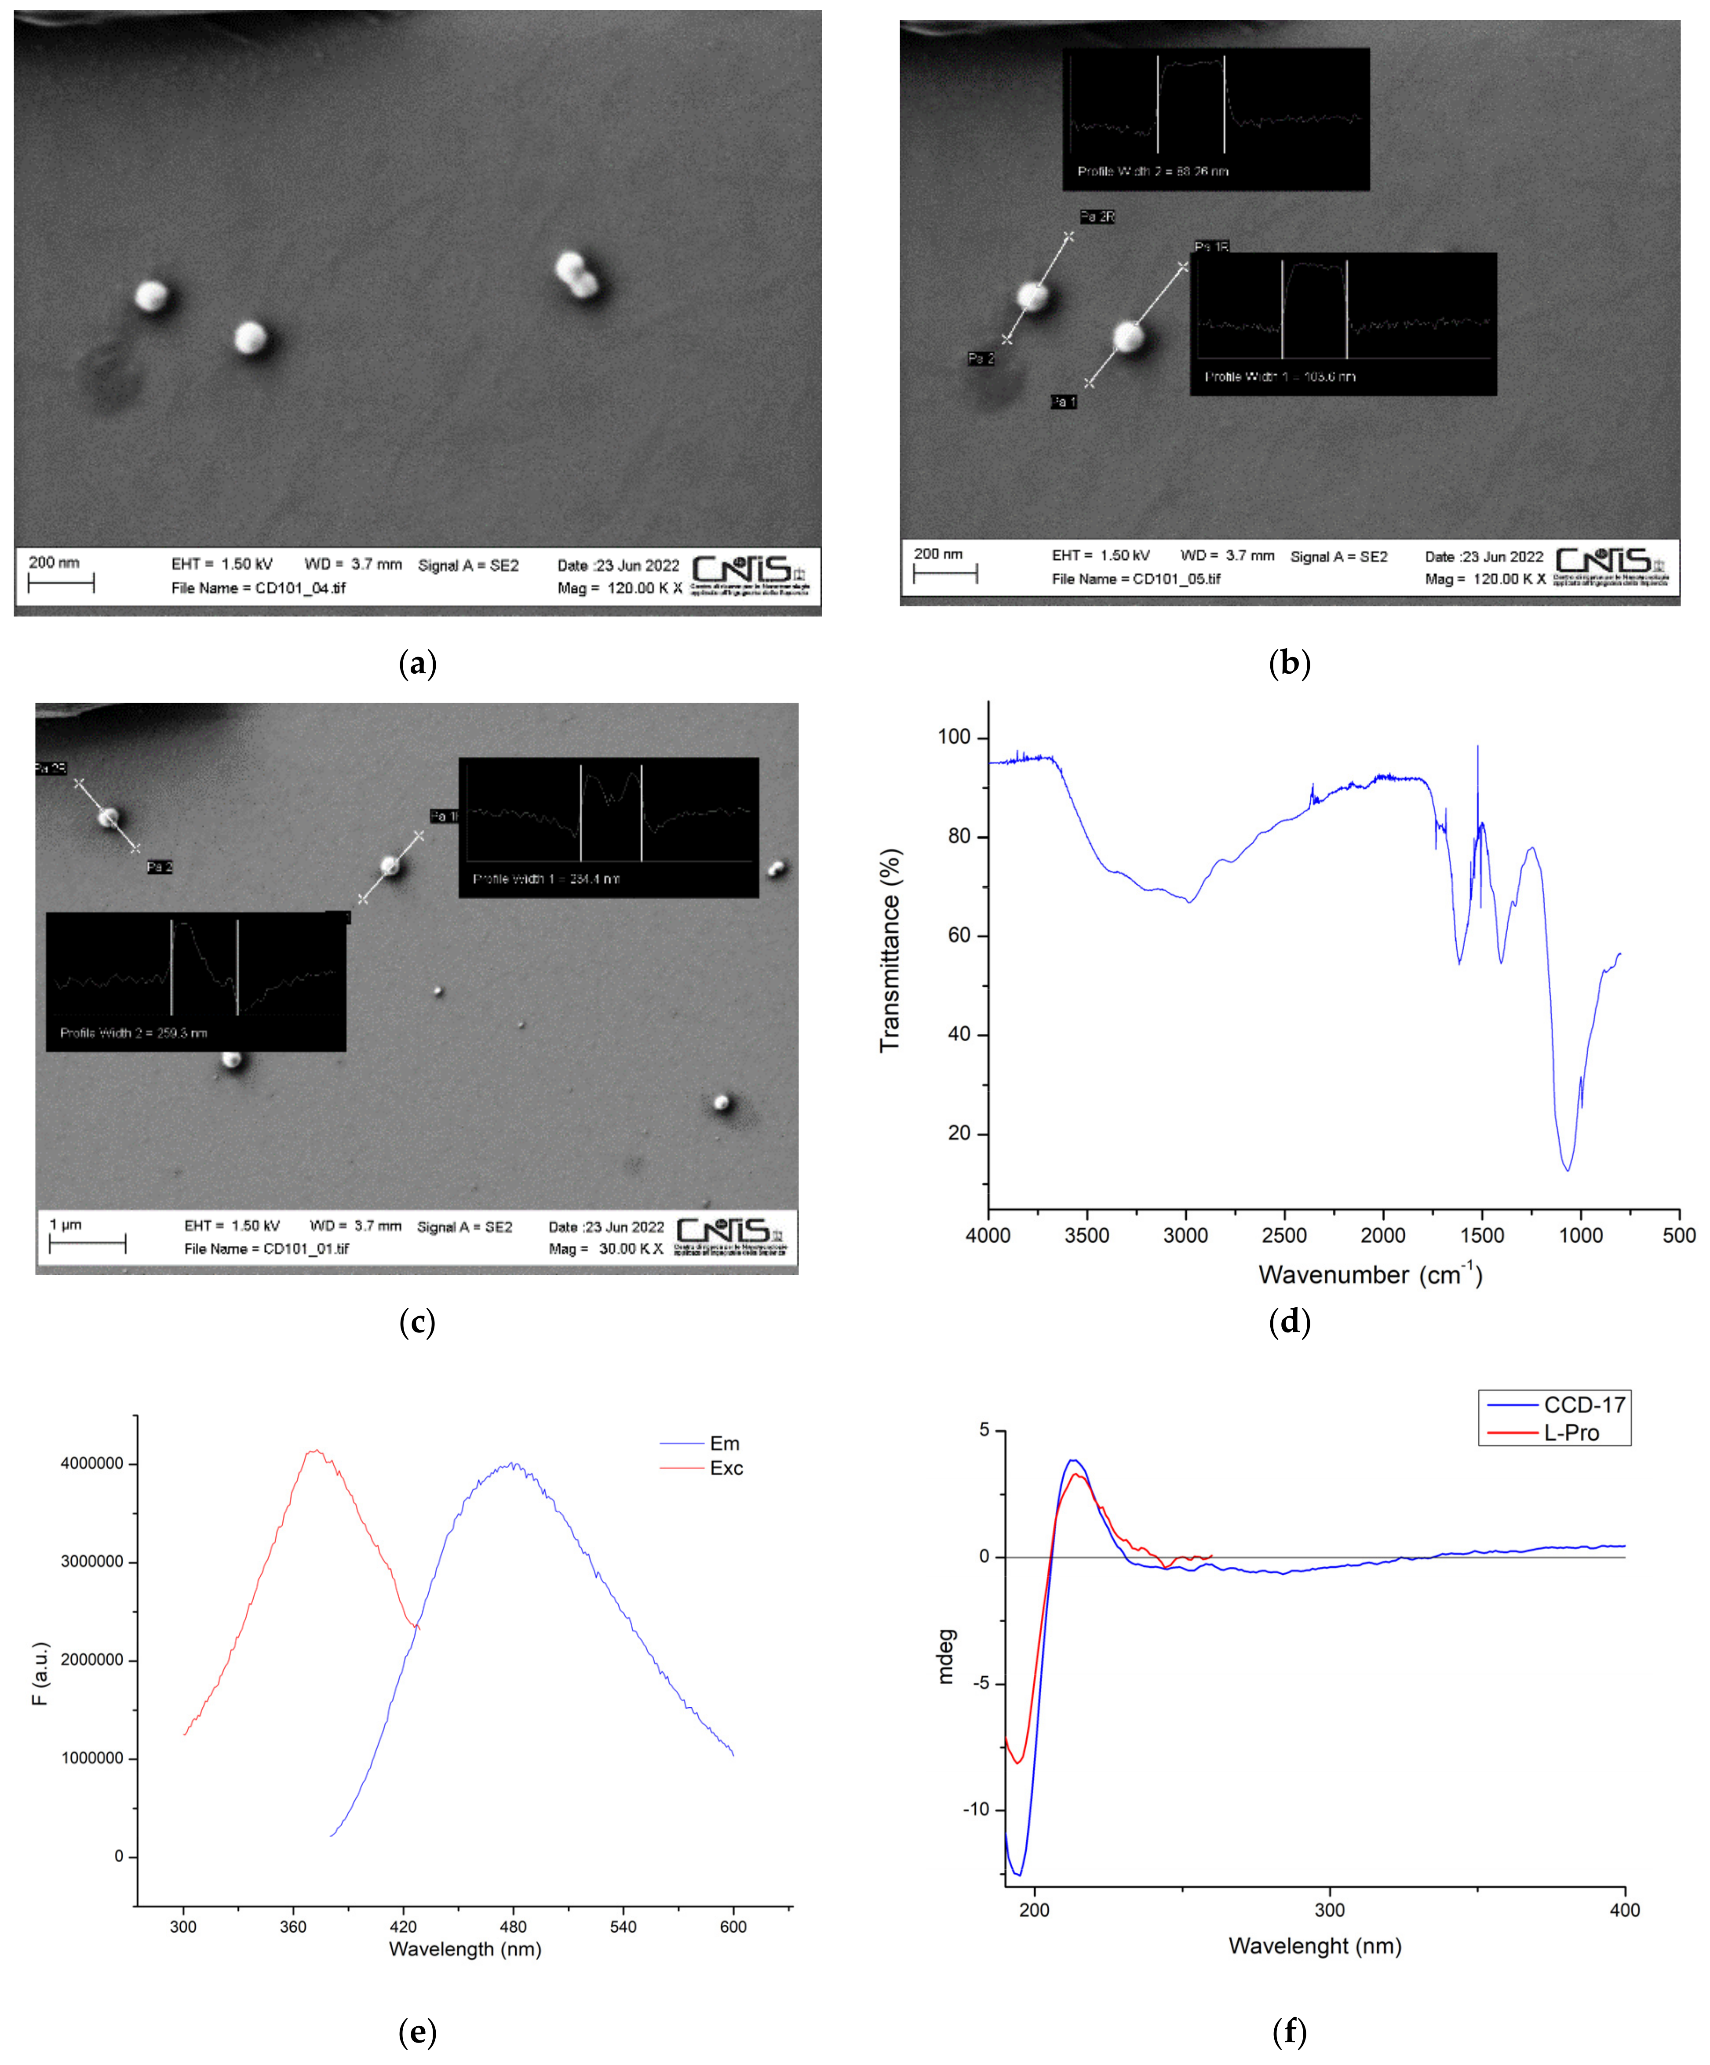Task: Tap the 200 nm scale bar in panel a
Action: pyautogui.click(x=61, y=584)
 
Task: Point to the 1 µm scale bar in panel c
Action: pyautogui.click(x=88, y=1245)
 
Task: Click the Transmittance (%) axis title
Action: pyautogui.click(x=890, y=950)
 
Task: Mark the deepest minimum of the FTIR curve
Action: pyautogui.click(x=1568, y=1169)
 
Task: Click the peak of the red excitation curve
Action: pyautogui.click(x=315, y=1450)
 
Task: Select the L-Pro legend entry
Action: pyautogui.click(x=1571, y=1433)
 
